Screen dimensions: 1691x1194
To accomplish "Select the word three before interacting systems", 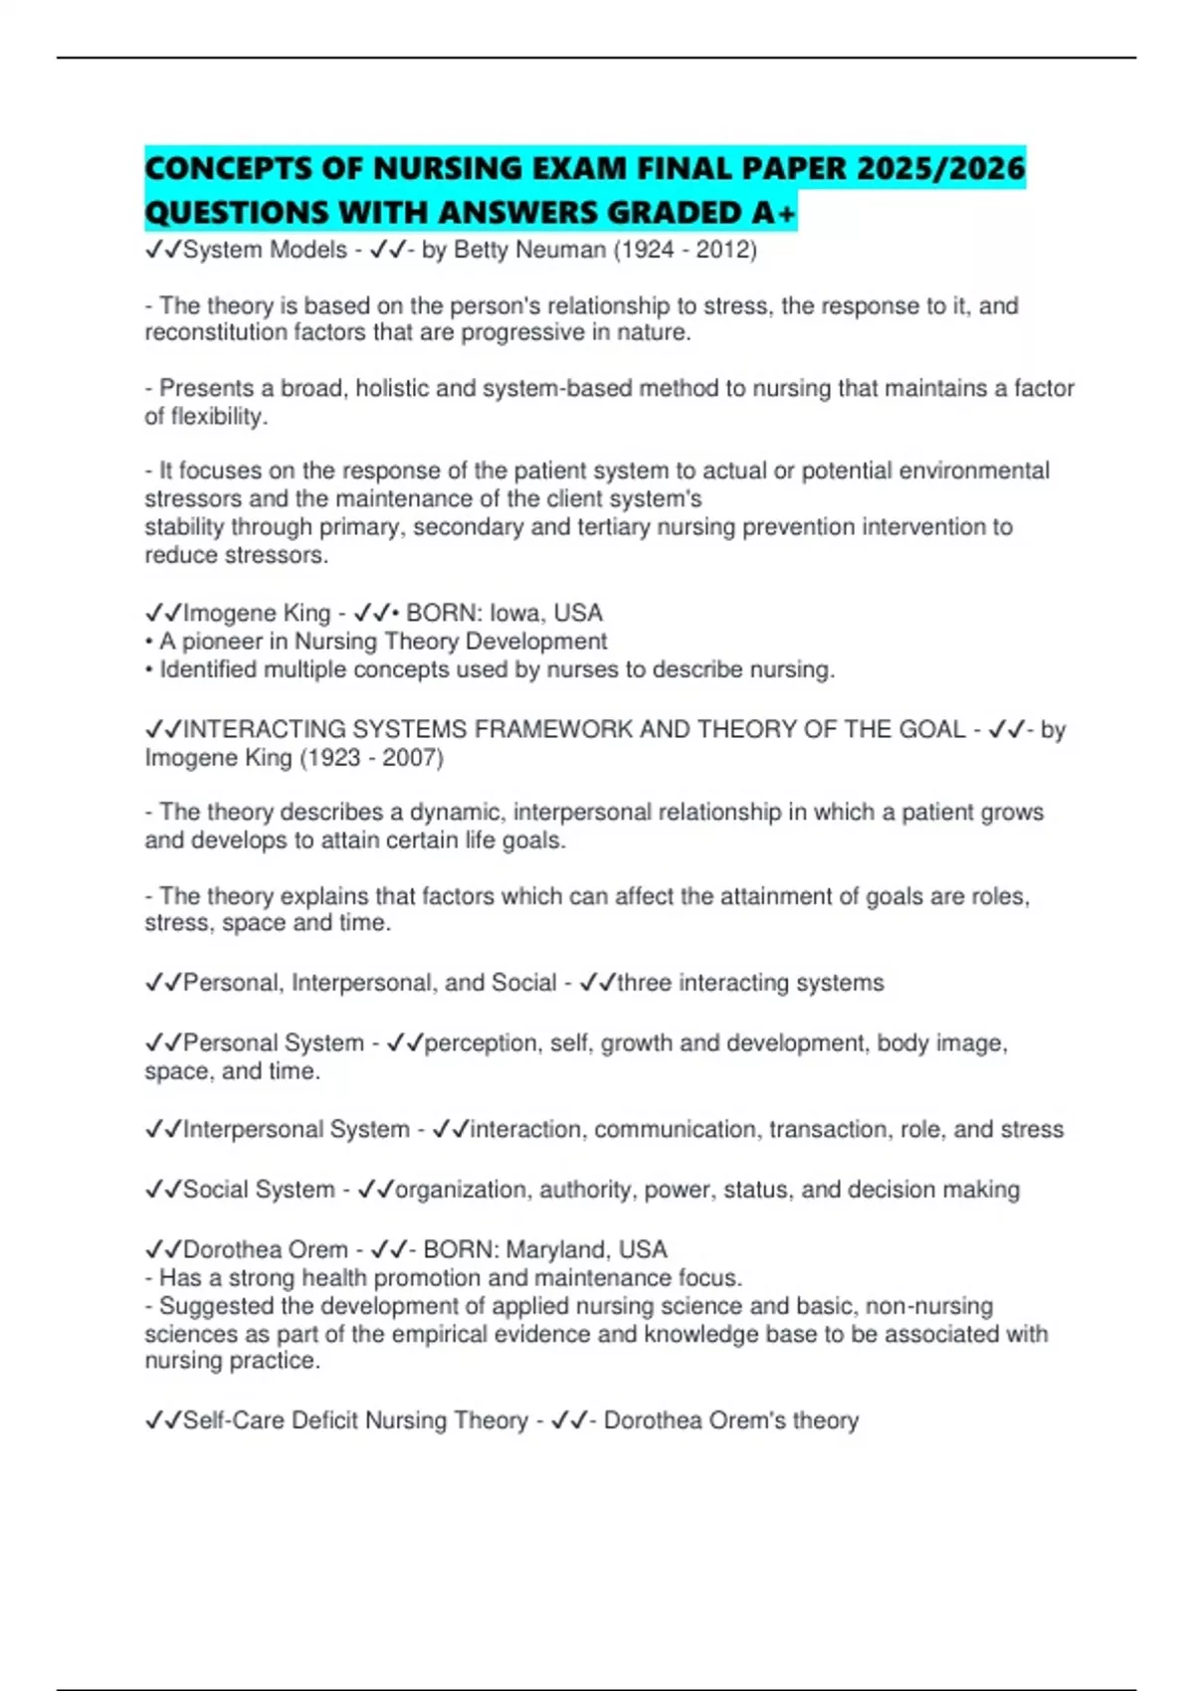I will coord(644,984).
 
